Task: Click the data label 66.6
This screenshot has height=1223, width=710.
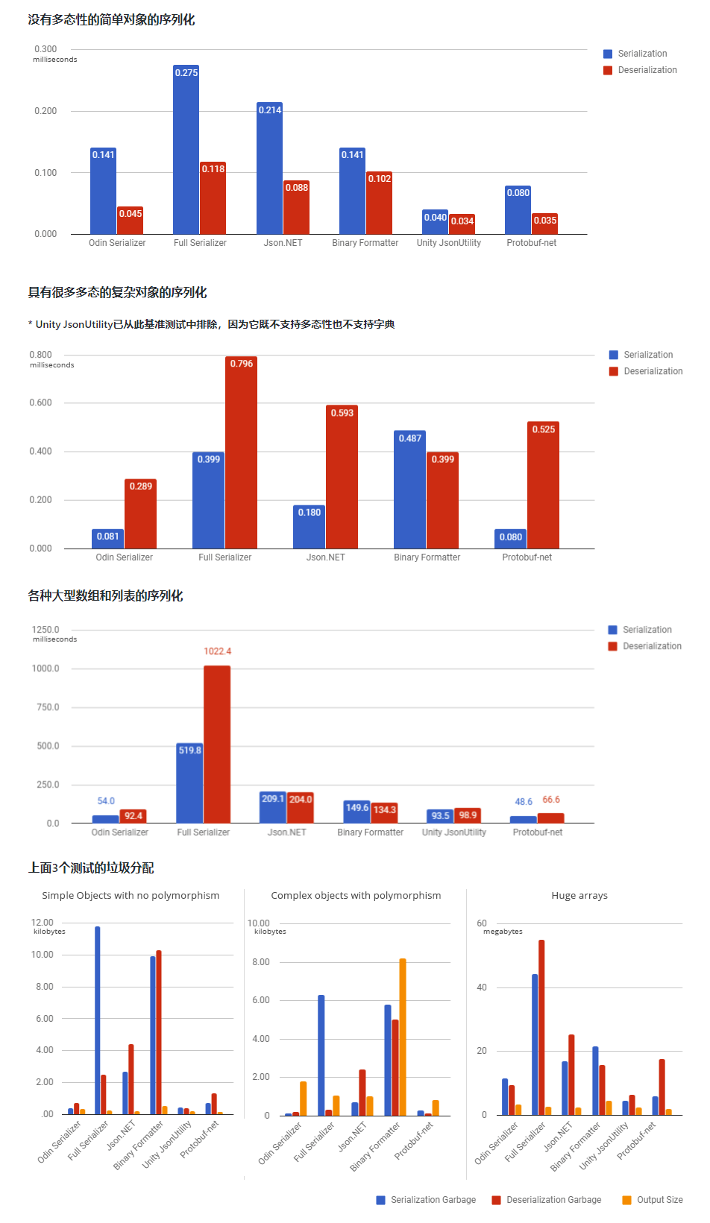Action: [551, 800]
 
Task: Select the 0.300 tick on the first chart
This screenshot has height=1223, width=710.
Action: [45, 49]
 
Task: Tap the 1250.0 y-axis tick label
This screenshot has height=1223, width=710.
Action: [46, 630]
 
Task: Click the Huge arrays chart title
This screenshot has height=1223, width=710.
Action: [579, 896]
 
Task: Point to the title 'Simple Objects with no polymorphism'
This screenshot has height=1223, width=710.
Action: [131, 896]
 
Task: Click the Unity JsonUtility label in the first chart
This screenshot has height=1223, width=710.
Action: [449, 243]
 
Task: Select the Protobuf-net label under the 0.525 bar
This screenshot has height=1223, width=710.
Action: [527, 557]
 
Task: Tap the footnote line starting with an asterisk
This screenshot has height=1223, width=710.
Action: [211, 324]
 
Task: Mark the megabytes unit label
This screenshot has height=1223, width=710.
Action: [503, 932]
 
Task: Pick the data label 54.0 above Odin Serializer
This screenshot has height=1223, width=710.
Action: [106, 801]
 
